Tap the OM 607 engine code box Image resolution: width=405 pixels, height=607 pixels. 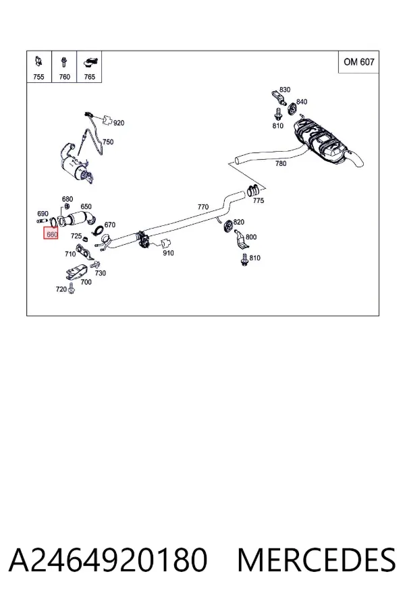pos(359,62)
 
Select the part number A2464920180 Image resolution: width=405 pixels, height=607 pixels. pos(108,560)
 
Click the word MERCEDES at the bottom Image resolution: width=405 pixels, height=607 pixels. pos(317,560)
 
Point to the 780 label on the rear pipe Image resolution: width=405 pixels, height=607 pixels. pos(281,163)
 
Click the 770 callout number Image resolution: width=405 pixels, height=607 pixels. pos(203,207)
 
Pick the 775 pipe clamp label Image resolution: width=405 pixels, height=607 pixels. pos(259,200)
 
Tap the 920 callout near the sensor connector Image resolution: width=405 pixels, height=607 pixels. pos(119,123)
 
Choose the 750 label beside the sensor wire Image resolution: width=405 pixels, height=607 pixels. pos(108,142)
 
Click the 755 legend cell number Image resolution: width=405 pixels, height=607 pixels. pos(38,77)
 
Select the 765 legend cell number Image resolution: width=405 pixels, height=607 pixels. pos(90,77)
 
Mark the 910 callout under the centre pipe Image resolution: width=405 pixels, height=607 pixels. pos(168,253)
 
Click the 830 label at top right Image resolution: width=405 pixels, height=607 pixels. pos(285,90)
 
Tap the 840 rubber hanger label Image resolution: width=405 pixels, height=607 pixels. pos(302,102)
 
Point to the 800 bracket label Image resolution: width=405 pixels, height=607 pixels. pos(251,237)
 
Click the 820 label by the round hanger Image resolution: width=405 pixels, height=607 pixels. pos(239,222)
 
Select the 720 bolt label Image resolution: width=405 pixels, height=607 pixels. pos(61,289)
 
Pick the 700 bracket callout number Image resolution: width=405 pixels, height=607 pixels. pos(86,282)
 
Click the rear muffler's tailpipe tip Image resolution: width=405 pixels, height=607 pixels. pos(360,161)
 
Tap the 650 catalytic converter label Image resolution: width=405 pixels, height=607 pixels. pos(86,207)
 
